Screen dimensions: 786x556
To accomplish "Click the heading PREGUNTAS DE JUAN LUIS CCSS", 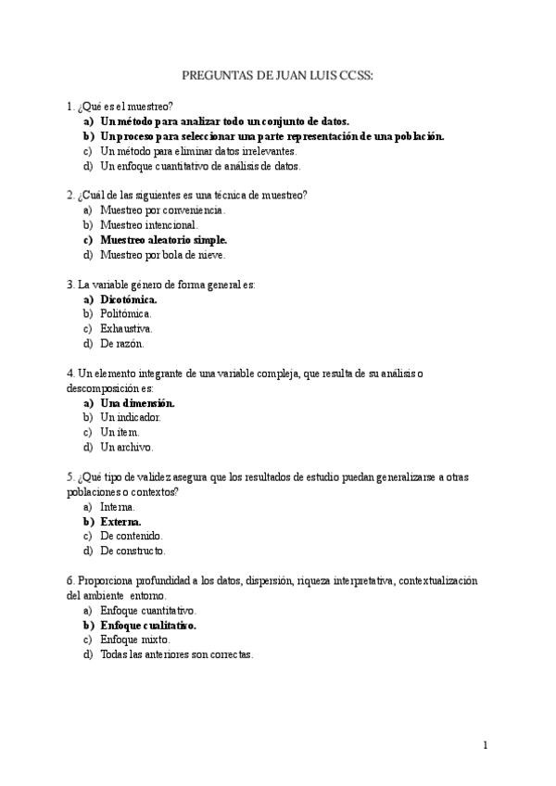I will pos(278,78).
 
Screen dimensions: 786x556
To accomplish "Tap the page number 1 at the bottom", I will pos(485,744).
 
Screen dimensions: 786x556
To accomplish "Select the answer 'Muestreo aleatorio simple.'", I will pos(163,239).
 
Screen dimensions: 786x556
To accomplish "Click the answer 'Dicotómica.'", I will pos(129,299).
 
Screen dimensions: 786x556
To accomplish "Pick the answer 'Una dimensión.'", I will pos(137,403).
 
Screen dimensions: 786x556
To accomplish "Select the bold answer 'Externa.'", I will pos(127,522).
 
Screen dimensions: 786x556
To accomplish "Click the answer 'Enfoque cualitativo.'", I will pos(148,626).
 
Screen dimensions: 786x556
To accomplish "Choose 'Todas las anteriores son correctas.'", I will pos(176,654).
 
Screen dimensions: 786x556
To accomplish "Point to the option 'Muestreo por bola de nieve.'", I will pos(162,254).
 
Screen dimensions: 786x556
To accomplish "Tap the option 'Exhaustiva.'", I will pos(127,328).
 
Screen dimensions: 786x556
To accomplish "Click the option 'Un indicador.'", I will pos(131,417).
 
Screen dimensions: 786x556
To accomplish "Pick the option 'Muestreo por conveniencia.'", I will pos(162,209).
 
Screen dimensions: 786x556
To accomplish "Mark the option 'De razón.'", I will pos(121,343).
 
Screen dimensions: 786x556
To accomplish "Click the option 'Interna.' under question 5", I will pos(118,507).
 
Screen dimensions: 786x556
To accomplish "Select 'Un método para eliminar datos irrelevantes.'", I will pos(198,150).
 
